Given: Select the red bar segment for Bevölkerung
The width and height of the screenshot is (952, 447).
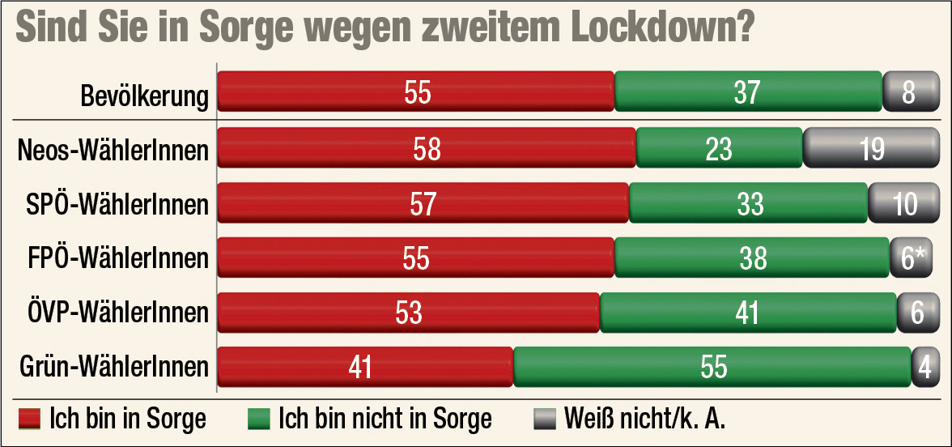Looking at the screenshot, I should click(x=416, y=91).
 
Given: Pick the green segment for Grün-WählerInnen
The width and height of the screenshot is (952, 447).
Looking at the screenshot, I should click(x=712, y=366).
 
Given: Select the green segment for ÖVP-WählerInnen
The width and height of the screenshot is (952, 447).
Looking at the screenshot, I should click(x=748, y=312).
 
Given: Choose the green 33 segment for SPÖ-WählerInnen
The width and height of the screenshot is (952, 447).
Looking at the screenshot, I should click(x=748, y=202).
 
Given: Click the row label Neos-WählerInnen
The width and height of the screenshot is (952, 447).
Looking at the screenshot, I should click(x=113, y=149).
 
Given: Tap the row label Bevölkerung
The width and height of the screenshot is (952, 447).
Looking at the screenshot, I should click(x=145, y=95).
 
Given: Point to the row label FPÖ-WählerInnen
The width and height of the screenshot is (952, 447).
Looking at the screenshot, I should click(x=118, y=258).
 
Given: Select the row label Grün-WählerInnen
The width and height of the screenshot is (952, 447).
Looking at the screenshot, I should click(x=114, y=367).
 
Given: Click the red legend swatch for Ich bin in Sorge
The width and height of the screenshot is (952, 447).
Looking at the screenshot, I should click(x=30, y=419).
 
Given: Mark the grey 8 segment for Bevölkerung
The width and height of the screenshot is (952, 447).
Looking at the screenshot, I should click(x=907, y=91).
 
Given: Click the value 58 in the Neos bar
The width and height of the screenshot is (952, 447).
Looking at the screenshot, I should click(x=427, y=148).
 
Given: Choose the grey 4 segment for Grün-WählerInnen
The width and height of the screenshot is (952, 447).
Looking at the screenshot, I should click(x=924, y=366).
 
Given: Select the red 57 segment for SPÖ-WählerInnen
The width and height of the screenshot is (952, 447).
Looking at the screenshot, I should click(x=423, y=202).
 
